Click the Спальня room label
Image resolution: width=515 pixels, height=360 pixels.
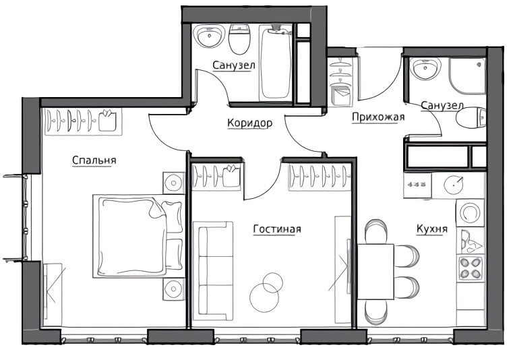click(94, 160)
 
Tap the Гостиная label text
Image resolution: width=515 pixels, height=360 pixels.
click(277, 229)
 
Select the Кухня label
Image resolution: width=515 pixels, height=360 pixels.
click(432, 229)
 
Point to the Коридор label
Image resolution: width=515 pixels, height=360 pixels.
click(249, 123)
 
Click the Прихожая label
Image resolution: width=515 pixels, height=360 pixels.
click(378, 117)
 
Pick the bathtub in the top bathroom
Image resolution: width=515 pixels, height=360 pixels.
click(276, 62)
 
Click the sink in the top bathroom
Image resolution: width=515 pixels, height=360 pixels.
click(209, 37)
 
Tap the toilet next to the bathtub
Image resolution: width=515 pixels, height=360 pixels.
click(239, 39)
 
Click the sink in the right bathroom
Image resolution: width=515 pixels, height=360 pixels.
click(425, 69)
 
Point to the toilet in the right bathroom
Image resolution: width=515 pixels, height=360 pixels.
click(471, 118)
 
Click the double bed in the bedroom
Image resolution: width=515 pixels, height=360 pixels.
click(138, 237)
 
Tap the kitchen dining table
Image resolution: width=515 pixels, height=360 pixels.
click(375, 272)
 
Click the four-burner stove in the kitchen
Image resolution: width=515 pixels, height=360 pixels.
click(471, 268)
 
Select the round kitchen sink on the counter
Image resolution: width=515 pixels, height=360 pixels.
click(454, 185)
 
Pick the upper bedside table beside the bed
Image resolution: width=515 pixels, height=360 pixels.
click(174, 183)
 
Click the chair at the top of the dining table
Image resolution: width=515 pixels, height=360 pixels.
click(376, 231)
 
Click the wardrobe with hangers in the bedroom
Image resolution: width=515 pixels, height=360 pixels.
click(83, 121)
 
